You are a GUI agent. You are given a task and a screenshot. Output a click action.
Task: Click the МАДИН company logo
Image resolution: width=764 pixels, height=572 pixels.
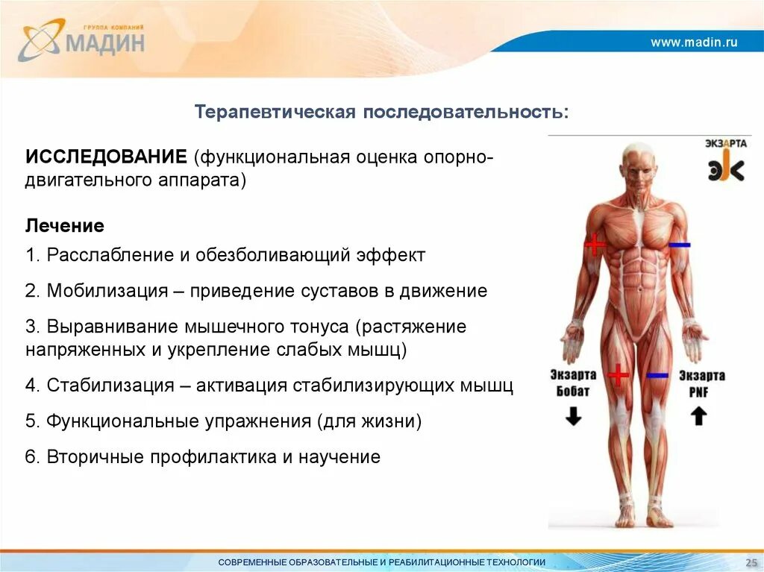pos(82,41)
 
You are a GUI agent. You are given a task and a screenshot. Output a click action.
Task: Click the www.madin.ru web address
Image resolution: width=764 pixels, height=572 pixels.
pos(694,43)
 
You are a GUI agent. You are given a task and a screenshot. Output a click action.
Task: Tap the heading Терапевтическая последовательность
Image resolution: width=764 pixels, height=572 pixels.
pos(381,112)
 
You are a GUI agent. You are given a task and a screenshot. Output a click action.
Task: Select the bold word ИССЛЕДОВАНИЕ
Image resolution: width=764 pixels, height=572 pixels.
pos(106,158)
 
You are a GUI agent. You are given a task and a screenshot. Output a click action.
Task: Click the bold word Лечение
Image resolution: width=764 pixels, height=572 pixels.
pos(65,225)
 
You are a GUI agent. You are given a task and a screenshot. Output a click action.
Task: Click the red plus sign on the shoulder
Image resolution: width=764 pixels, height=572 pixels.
pos(595,244)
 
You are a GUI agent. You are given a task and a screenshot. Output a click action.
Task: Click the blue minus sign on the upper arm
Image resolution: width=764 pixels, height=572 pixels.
pos(679,245)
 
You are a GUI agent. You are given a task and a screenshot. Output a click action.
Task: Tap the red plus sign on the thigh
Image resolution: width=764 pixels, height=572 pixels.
pos(618,374)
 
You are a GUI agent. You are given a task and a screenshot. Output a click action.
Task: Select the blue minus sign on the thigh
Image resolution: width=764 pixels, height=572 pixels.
pos(657,375)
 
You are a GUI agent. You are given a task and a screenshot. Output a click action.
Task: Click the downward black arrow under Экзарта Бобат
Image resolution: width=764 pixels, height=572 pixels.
pos(573,417)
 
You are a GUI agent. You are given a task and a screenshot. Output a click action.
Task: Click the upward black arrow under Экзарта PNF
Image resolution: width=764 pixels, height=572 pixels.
pos(698,416)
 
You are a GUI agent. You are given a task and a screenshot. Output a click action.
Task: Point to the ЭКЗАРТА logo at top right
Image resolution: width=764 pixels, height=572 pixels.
pos(724,161)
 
